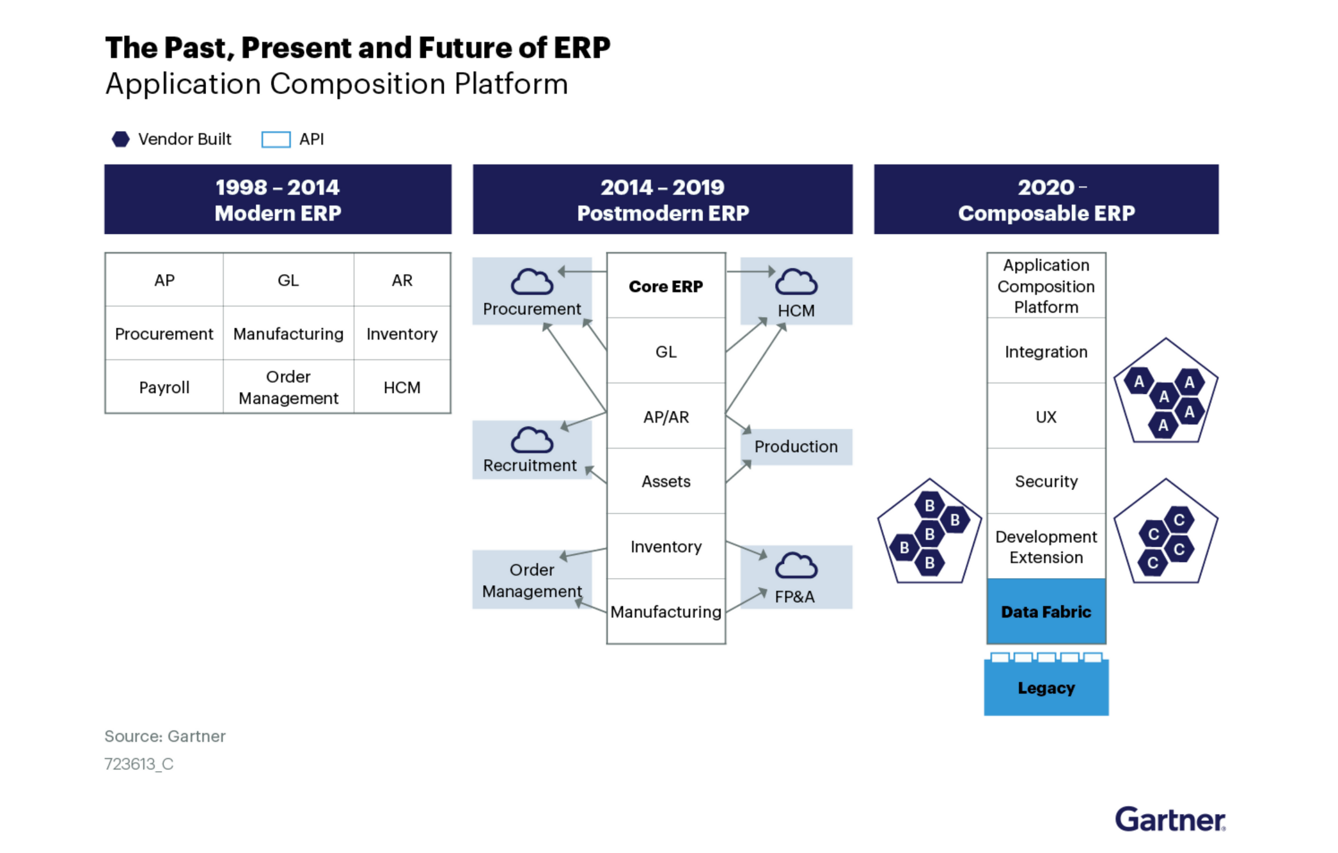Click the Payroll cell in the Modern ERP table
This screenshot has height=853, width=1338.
point(164,387)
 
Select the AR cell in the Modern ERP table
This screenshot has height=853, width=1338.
point(402,280)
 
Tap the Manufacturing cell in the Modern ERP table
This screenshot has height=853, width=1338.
point(288,334)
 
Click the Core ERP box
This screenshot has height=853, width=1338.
point(665,286)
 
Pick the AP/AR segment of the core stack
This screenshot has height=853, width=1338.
point(665,417)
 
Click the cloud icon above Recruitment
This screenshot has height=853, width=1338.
point(531,440)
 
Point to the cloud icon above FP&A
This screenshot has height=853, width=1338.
point(796,565)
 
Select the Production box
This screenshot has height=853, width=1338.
point(796,446)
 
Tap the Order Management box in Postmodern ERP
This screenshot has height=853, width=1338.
point(531,580)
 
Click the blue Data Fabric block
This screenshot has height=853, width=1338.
point(1046,611)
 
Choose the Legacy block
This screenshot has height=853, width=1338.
point(1046,688)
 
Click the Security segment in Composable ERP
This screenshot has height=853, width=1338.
point(1046,481)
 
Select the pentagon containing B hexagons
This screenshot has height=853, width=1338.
point(929,535)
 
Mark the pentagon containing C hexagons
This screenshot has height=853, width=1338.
point(1165,535)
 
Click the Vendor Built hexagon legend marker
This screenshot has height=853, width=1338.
point(120,139)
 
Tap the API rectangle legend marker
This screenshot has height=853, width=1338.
point(276,139)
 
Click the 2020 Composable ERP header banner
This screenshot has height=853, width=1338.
point(1046,200)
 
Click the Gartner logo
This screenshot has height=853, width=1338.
point(1169,820)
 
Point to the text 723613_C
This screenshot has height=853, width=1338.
point(139,764)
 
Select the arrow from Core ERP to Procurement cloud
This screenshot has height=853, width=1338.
point(582,272)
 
